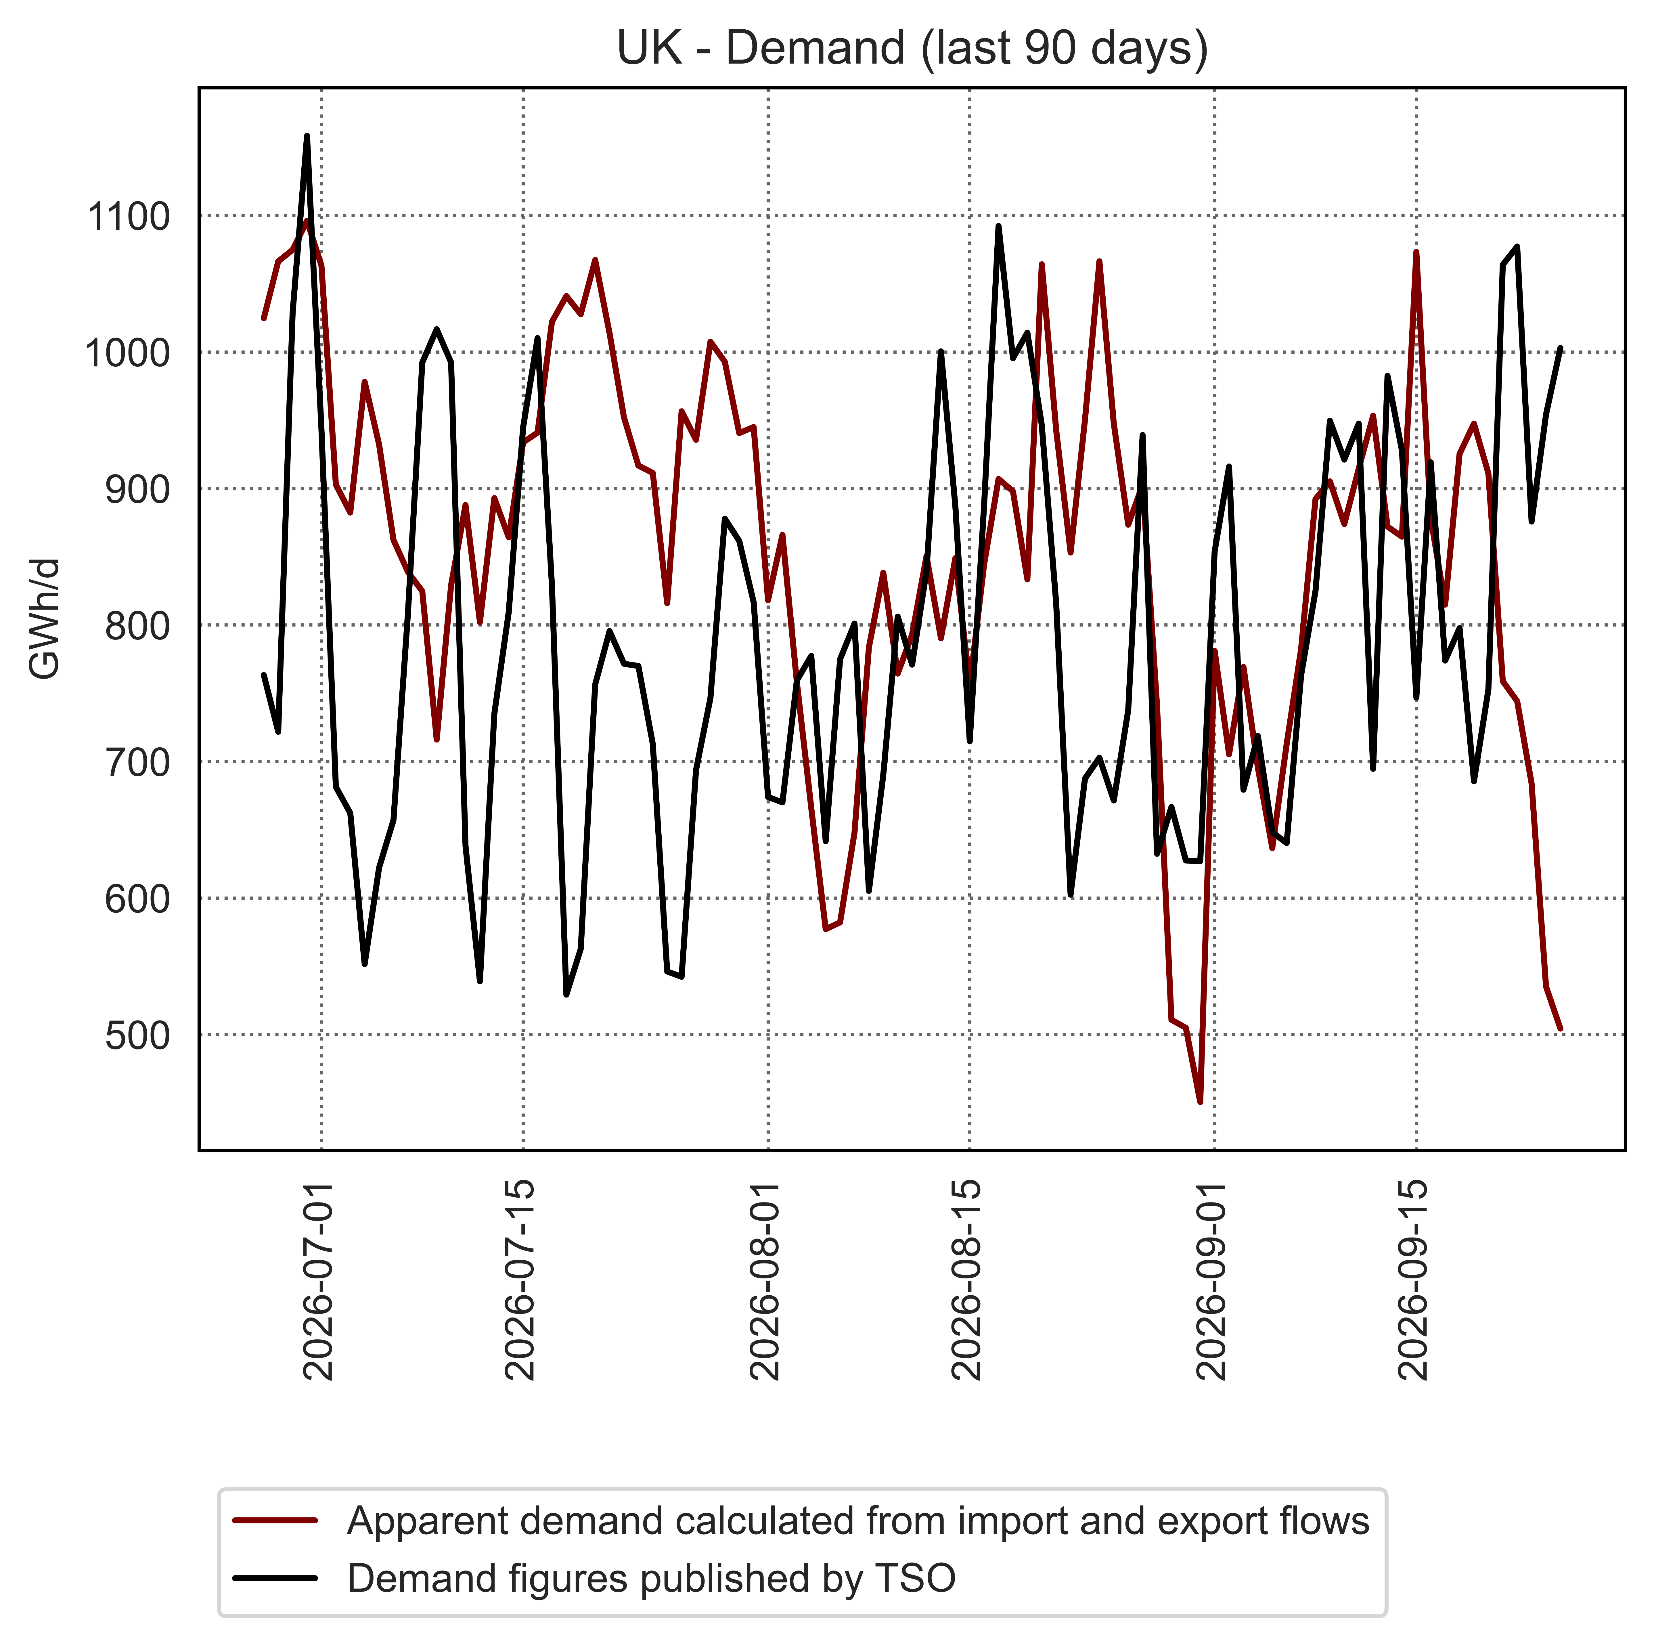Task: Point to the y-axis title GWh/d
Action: (45, 618)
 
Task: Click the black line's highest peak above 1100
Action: (307, 136)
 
